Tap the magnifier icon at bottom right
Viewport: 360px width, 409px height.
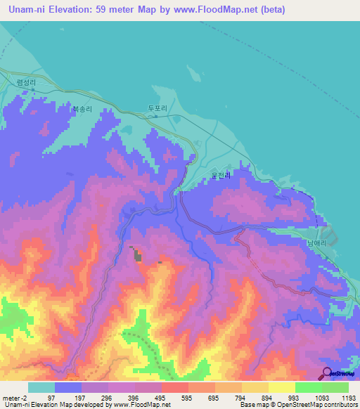pos(326,372)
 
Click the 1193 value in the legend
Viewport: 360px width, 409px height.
pos(347,397)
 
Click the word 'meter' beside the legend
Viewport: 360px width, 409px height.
pos(11,397)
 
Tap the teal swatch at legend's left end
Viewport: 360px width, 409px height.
pos(41,387)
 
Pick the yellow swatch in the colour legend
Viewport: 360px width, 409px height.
pos(281,387)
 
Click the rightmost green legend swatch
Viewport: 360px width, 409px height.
pos(335,387)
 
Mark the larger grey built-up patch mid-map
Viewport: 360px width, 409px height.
pos(136,256)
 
